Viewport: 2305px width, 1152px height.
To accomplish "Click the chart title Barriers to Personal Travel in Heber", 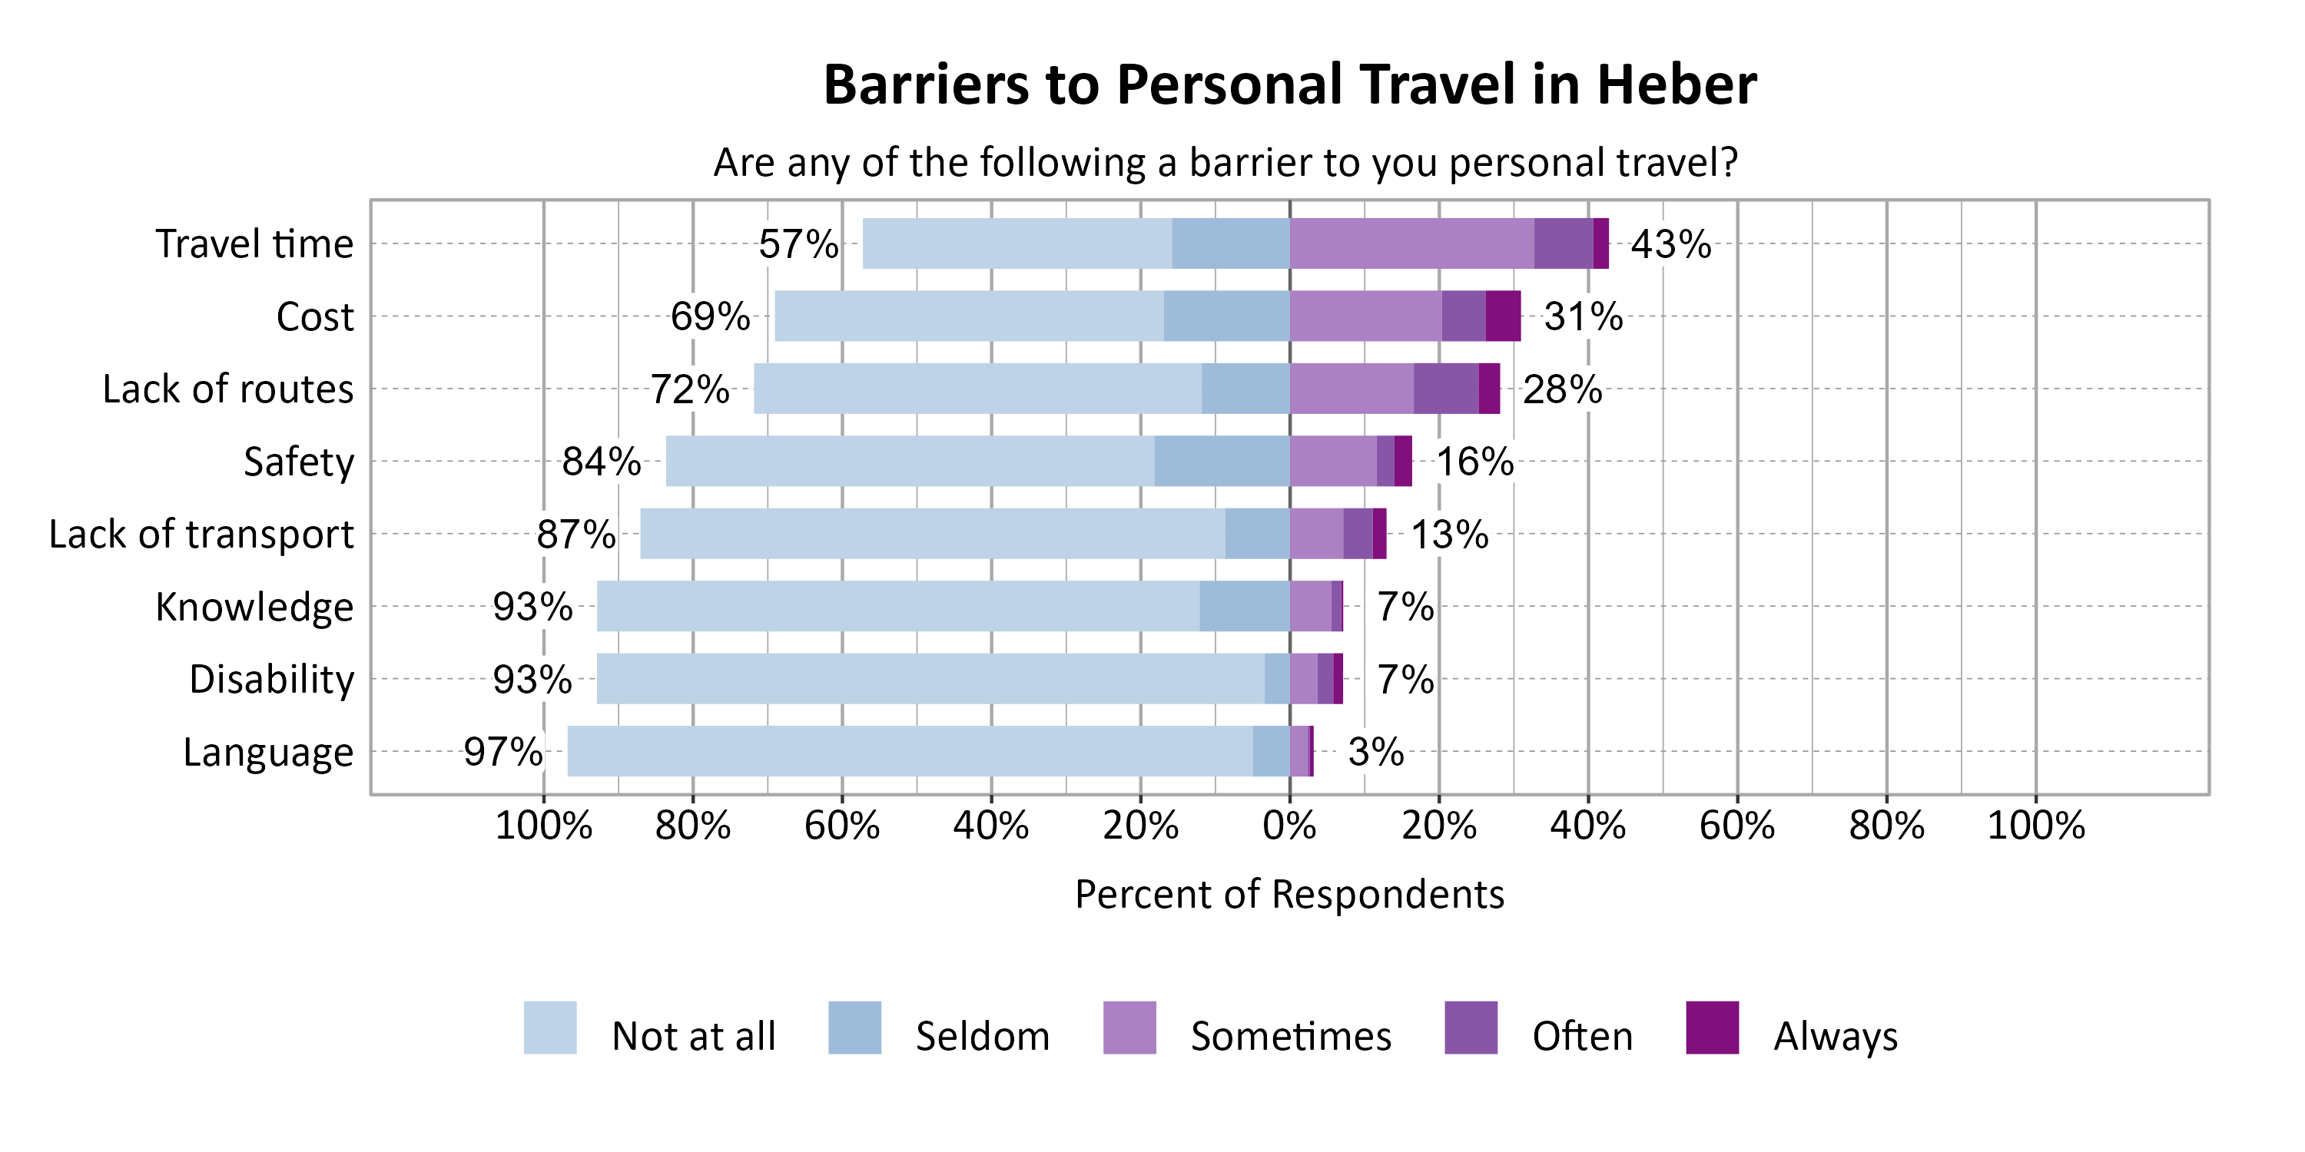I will pos(1289,85).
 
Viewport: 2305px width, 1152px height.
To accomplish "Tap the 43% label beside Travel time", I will pos(1670,244).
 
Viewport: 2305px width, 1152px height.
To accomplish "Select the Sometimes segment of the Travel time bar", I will pos(1412,243).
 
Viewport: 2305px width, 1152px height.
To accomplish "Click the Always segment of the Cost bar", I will pos(1504,316).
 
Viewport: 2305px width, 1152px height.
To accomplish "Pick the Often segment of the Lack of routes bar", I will pos(1446,388).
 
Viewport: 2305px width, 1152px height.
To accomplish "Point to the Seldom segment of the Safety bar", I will pos(1222,461).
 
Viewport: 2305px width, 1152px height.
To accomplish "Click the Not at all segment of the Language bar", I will pos(910,751).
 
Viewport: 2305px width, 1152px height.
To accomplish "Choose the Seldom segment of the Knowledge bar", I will pos(1245,607).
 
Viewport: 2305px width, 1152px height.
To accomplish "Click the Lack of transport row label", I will pos(201,534).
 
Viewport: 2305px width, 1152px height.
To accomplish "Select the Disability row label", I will pos(272,680).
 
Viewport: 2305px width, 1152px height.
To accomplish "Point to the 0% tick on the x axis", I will pos(1289,826).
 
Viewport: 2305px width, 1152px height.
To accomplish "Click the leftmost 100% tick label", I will pos(543,826).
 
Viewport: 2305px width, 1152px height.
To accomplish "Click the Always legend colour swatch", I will pos(1712,1028).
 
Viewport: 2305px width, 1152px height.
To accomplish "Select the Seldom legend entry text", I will pos(983,1037).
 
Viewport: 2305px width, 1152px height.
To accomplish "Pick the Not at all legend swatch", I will pos(550,1028).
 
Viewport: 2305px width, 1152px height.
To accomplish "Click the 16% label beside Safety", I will pos(1474,462).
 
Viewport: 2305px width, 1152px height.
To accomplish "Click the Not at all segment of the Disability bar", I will pos(930,679).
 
